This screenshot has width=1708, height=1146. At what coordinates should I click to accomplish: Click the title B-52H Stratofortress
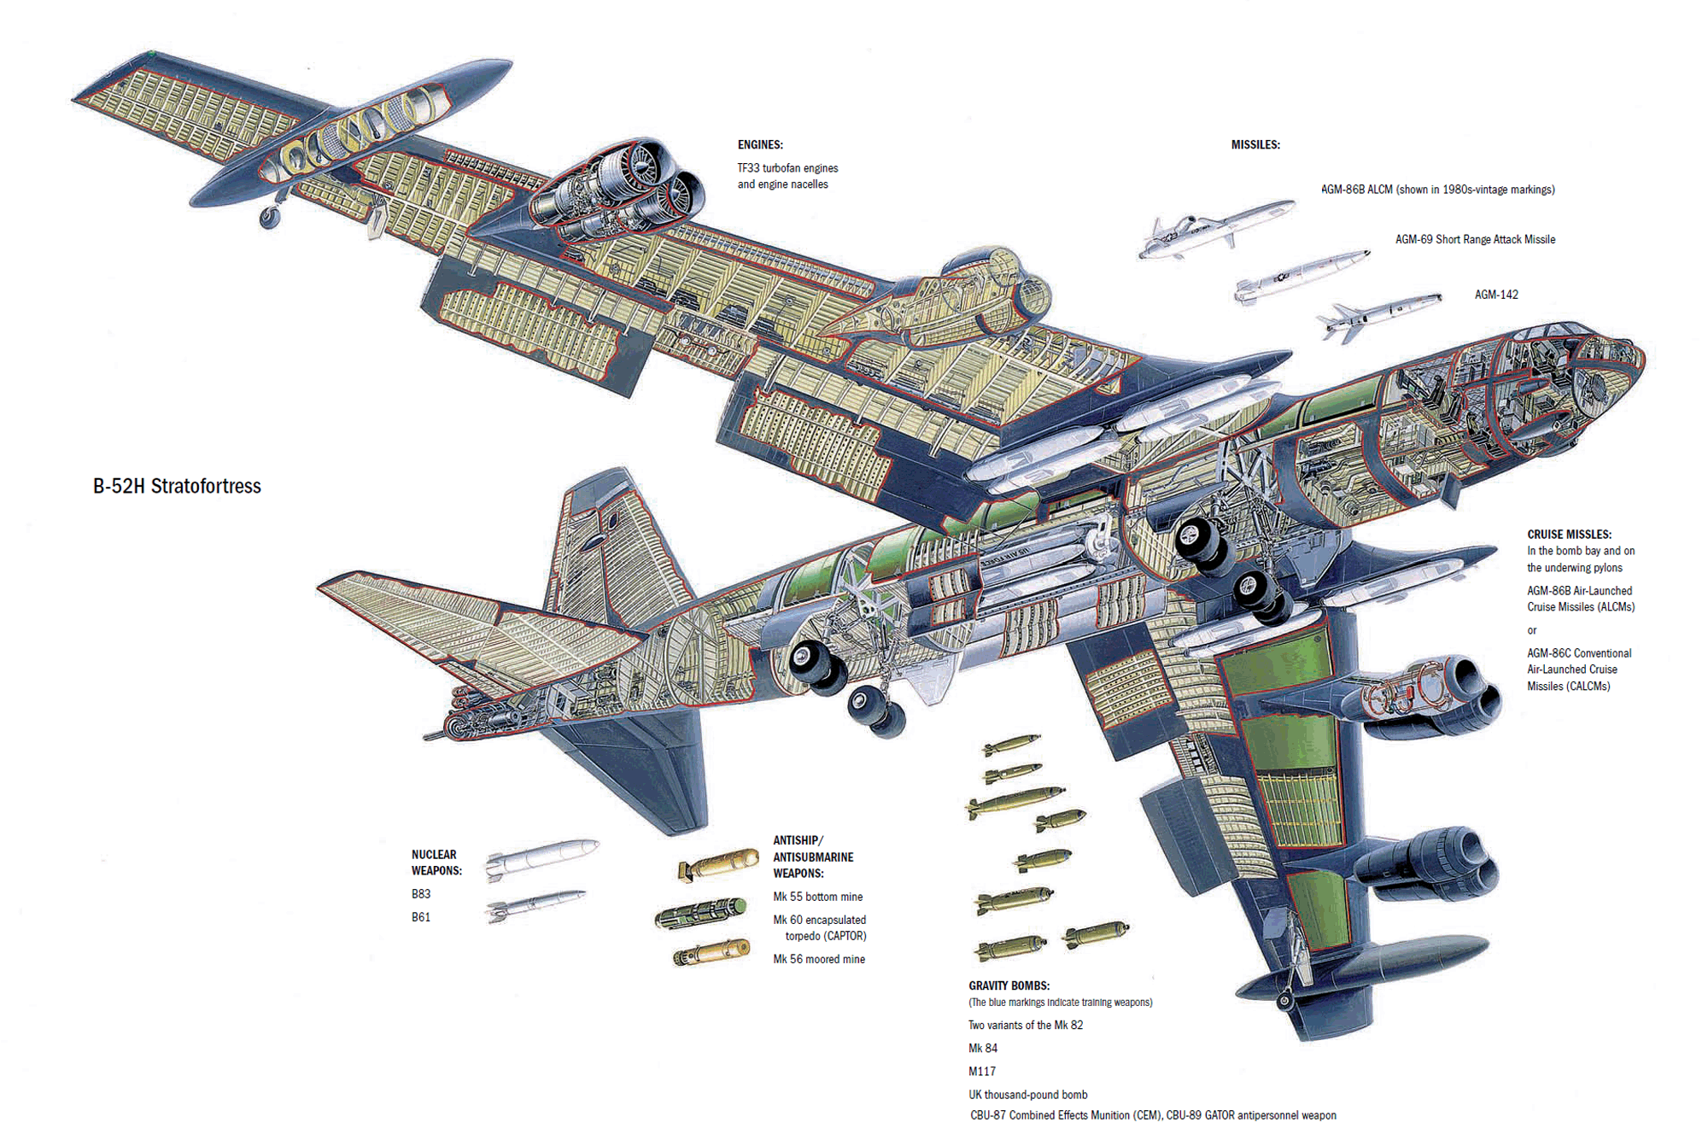177,486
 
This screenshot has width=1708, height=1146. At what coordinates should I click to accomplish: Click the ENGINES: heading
760,145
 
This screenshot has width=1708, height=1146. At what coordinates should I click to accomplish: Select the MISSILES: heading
1255,145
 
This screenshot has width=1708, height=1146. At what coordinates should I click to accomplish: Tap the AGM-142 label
1496,295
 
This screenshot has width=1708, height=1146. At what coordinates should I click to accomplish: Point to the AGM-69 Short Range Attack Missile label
1475,240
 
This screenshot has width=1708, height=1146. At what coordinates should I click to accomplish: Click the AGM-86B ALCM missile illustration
1216,229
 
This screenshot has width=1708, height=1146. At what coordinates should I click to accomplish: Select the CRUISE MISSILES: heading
1570,535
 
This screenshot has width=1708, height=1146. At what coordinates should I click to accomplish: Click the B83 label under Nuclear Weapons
421,894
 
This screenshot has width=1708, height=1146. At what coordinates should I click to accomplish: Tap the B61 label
421,917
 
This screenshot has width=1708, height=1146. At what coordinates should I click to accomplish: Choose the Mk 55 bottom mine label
818,897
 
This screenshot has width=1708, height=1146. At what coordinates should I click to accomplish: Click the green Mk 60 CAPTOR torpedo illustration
700,913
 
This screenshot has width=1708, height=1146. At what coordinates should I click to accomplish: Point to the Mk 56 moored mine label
819,959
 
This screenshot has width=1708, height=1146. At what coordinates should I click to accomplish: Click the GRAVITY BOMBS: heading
1009,985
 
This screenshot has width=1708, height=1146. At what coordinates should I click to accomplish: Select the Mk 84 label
983,1049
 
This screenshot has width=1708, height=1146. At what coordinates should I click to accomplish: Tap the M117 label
982,1072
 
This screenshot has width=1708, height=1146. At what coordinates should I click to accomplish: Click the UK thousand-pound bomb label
1028,1095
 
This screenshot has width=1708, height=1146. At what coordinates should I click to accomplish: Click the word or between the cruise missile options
1532,631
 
